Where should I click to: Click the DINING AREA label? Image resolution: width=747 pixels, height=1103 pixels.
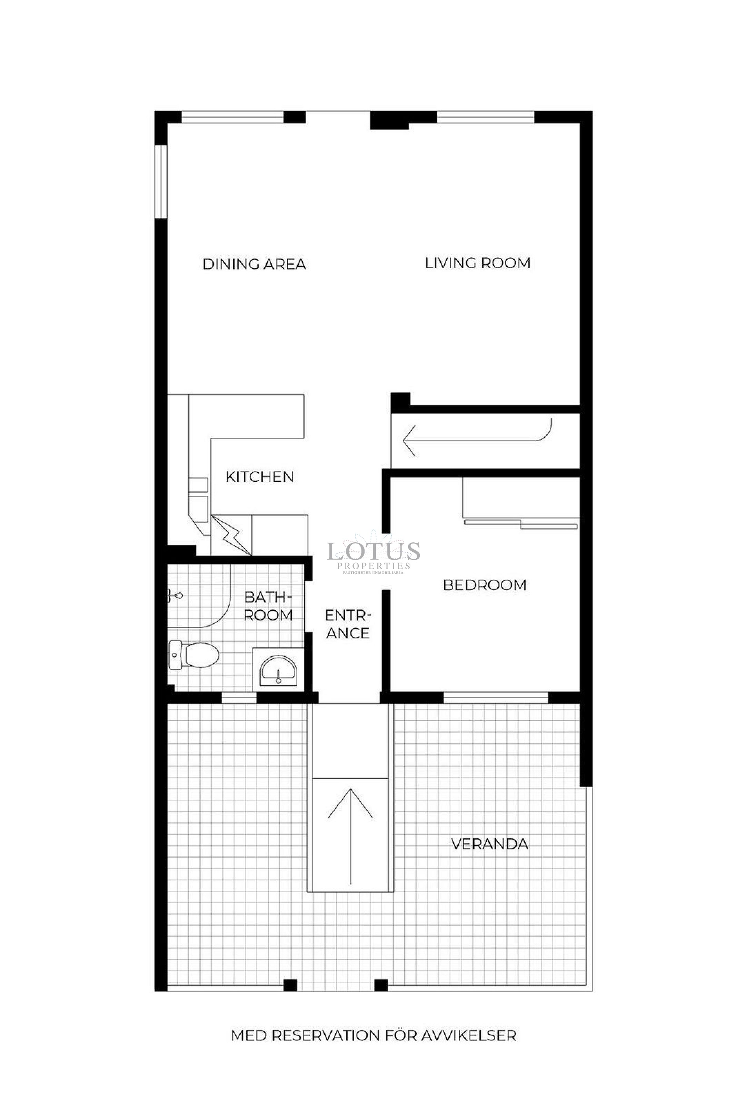(x=254, y=264)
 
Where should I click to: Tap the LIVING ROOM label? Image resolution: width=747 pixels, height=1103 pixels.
(x=477, y=263)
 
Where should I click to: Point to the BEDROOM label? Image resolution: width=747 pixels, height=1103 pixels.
(x=484, y=585)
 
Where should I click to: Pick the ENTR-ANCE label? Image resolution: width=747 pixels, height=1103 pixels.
(x=347, y=624)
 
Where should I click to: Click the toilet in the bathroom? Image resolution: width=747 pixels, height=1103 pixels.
(x=195, y=655)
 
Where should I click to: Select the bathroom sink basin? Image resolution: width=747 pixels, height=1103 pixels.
(x=278, y=670)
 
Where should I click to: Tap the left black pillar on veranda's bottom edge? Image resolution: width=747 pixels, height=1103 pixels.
(x=290, y=985)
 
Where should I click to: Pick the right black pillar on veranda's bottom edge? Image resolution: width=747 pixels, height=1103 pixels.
(x=381, y=985)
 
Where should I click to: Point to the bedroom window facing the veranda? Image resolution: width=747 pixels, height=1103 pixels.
(x=495, y=697)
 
